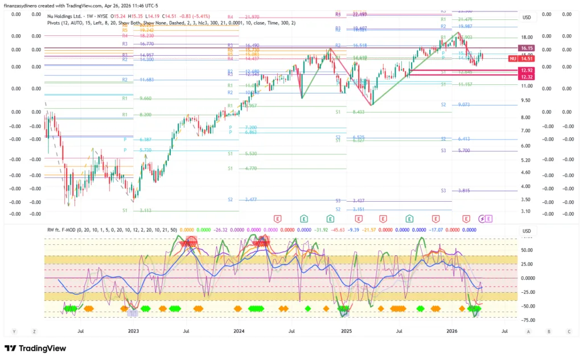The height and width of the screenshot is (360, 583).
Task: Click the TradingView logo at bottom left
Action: [x=35, y=348]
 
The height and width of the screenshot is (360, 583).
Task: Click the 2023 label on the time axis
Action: [x=133, y=330]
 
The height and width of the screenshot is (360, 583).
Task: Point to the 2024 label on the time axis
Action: [x=239, y=330]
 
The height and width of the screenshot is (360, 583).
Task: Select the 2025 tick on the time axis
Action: [x=346, y=330]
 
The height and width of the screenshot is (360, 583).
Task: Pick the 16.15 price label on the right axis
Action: [x=526, y=49]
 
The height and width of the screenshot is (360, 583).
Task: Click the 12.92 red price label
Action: [x=526, y=70]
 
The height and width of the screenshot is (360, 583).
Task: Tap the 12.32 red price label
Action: [x=526, y=76]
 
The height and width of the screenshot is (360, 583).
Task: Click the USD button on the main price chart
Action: [x=526, y=18]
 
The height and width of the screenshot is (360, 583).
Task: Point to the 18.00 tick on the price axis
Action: [x=526, y=37]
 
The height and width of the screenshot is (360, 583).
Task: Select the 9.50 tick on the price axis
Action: [x=526, y=100]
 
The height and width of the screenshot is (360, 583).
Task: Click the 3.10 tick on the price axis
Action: [x=526, y=211]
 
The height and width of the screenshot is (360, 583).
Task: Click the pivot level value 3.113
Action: [x=146, y=210]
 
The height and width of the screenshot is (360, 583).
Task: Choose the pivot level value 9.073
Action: [x=463, y=105]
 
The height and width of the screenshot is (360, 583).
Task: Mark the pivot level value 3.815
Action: [x=463, y=191]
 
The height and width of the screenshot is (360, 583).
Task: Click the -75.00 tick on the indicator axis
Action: [x=526, y=320]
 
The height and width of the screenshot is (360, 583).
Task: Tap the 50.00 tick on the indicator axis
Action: [x=526, y=249]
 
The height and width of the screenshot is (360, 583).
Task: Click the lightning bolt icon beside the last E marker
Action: [x=482, y=218]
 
